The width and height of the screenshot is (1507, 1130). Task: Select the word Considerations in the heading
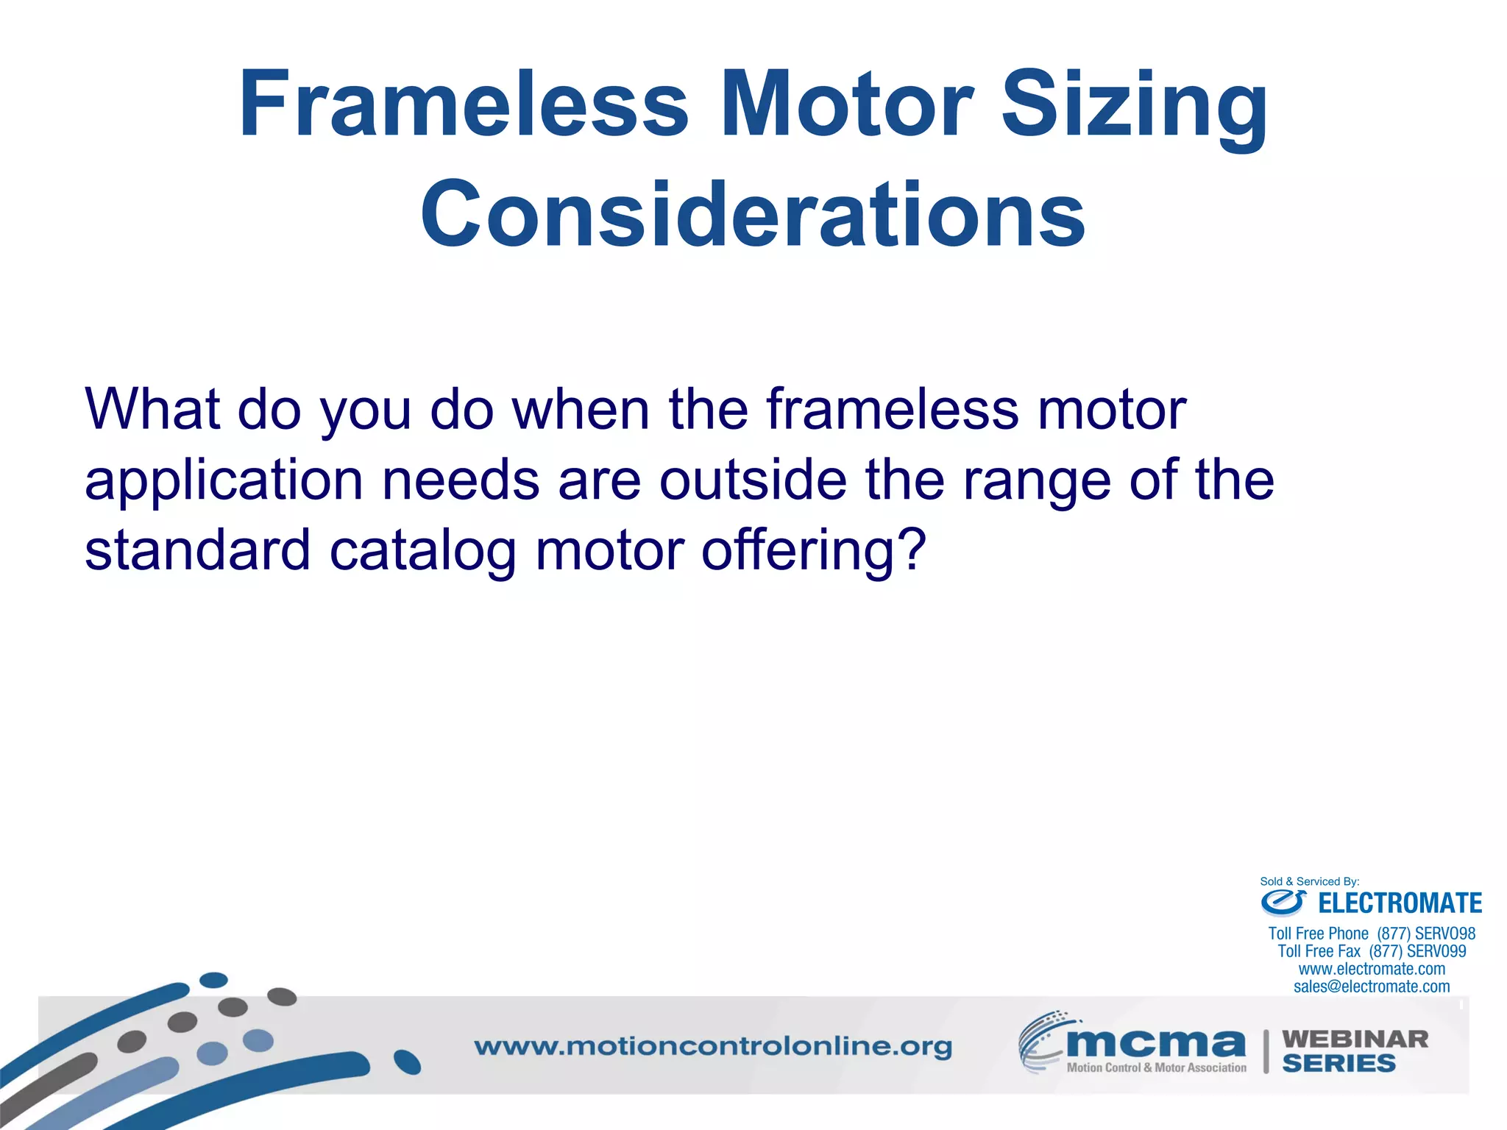click(753, 215)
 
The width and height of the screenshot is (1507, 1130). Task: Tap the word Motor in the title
click(846, 104)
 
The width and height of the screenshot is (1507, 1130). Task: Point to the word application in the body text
click(224, 481)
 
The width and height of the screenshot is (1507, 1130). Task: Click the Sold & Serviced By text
click(1309, 881)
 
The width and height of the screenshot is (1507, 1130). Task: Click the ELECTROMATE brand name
click(1400, 903)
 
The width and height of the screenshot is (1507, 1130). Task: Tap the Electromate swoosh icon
click(1283, 901)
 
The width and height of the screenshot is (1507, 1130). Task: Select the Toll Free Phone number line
click(1372, 934)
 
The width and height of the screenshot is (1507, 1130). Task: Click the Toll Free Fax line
click(1372, 951)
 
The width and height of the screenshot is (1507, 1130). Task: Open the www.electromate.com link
click(1372, 969)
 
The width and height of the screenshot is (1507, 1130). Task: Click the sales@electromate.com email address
click(1372, 987)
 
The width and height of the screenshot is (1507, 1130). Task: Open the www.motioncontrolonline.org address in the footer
click(712, 1046)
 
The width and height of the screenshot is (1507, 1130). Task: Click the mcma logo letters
click(1155, 1042)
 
